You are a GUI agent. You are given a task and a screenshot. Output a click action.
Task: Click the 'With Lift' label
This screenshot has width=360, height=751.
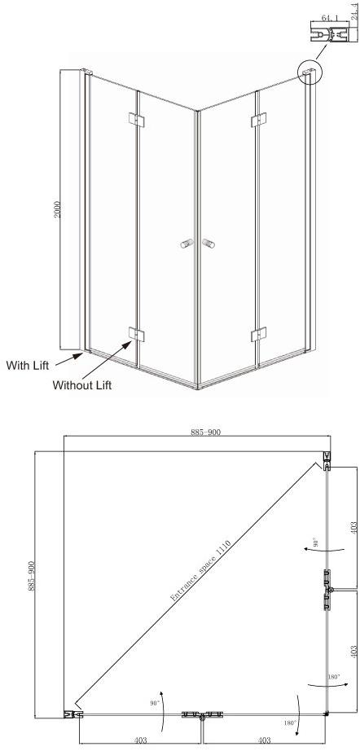[28, 366]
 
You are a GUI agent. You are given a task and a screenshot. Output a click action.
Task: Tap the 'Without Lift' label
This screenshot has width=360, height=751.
[82, 384]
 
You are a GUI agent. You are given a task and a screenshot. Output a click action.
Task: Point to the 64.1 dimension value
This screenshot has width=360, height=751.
[328, 18]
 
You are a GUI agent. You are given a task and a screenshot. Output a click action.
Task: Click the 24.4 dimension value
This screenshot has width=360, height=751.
[355, 10]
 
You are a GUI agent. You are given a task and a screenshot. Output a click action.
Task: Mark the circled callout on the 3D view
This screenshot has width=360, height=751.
[310, 72]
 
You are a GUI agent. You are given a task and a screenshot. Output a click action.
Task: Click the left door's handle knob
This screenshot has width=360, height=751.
[187, 244]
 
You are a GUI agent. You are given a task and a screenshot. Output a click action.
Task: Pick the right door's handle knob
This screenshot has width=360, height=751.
[209, 244]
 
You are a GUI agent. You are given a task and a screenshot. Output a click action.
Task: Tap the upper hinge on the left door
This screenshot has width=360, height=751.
[137, 120]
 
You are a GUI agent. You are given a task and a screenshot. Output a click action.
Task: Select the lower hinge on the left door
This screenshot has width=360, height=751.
[137, 334]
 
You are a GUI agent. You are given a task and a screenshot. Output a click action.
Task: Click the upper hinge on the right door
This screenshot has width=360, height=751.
[259, 120]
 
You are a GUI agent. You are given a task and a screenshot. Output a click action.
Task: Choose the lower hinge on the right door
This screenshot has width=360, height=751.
[259, 334]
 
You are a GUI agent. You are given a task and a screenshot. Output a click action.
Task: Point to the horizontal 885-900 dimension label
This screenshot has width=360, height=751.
[206, 432]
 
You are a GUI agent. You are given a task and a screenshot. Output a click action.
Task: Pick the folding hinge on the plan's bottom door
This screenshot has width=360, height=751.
[202, 715]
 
